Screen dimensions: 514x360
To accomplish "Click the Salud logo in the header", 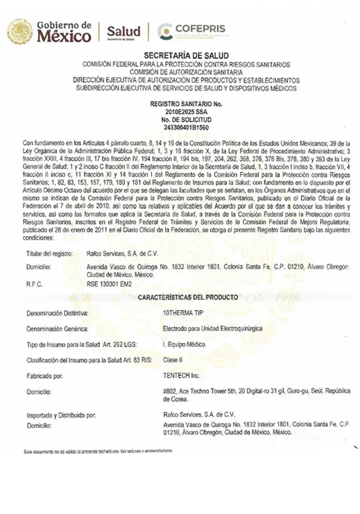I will tap(123, 32).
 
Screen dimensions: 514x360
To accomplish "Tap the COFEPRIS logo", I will tap(191, 32).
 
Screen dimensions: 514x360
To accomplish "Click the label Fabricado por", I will tap(45, 376).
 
